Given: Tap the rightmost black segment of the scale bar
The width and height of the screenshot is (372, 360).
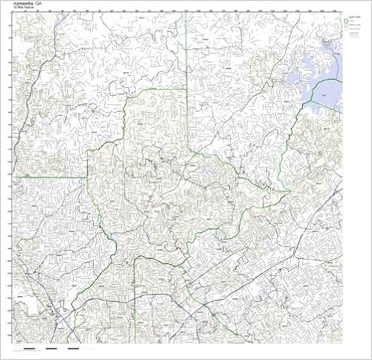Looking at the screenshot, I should (73, 347).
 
